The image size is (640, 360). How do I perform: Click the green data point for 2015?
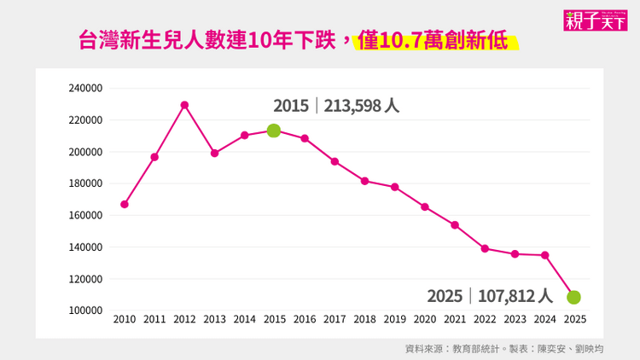(274, 131)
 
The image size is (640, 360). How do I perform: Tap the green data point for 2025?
(574, 297)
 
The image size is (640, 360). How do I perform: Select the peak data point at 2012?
(184, 105)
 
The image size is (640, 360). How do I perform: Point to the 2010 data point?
(125, 205)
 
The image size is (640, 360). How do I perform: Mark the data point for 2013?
(214, 154)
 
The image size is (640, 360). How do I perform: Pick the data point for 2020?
(425, 206)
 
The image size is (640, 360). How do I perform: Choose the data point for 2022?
(485, 248)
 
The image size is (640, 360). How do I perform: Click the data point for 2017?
(335, 161)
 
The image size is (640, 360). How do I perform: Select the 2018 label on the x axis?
(364, 320)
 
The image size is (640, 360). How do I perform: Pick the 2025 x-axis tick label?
(574, 320)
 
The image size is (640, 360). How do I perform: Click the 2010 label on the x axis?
(125, 320)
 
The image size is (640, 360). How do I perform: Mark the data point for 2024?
(544, 255)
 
